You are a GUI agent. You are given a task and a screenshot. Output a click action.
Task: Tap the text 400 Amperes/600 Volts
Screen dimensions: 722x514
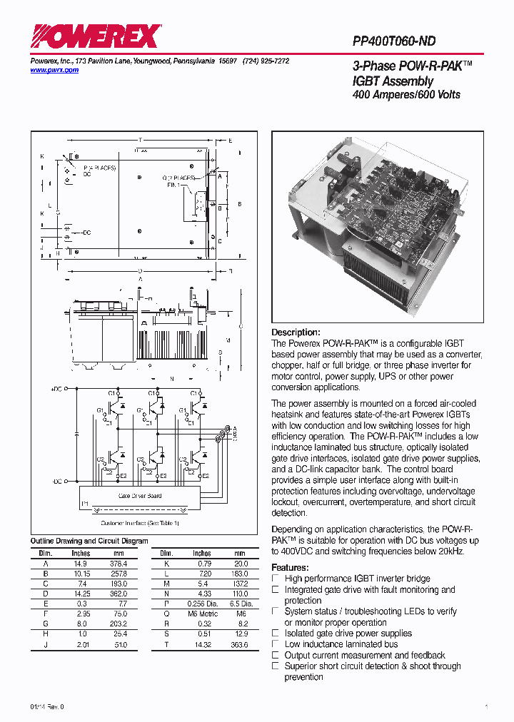pos(406,95)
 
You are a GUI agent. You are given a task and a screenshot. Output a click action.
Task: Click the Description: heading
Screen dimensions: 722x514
pos(296,332)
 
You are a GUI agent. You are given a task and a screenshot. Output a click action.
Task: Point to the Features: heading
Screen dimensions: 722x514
pos(290,568)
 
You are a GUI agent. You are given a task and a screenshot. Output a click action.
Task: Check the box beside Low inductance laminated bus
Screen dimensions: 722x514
pos(276,644)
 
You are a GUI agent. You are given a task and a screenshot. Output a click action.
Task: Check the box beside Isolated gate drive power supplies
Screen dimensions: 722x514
pos(276,634)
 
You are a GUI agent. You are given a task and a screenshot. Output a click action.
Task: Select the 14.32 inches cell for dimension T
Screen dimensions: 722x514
pos(202,645)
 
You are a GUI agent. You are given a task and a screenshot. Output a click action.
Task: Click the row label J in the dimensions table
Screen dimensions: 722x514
pos(46,645)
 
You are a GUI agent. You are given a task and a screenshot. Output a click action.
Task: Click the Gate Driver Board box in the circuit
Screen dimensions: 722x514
pos(140,495)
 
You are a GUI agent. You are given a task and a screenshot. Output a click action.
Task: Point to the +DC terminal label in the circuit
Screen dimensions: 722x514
pos(57,390)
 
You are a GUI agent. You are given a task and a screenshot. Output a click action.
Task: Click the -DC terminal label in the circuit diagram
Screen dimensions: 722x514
pos(57,482)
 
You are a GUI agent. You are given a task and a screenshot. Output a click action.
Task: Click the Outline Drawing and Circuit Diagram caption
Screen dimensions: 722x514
pos(89,541)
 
